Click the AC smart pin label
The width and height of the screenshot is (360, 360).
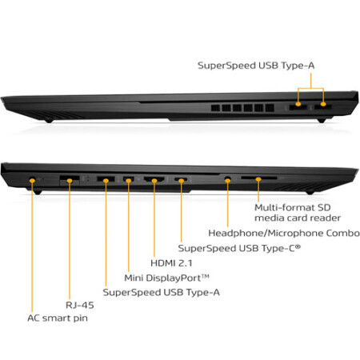pyautogui.click(x=58, y=318)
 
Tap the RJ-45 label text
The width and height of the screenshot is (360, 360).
pyautogui.click(x=80, y=305)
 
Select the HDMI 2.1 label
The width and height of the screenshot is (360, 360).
pyautogui.click(x=171, y=263)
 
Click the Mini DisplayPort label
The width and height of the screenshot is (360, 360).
pyautogui.click(x=166, y=278)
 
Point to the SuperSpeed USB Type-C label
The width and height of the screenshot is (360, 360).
pyautogui.click(x=239, y=248)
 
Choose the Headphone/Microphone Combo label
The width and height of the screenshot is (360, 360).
pyautogui.click(x=284, y=233)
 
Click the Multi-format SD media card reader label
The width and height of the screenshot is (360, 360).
pyautogui.click(x=298, y=213)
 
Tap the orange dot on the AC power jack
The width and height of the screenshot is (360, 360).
pyautogui.click(x=32, y=181)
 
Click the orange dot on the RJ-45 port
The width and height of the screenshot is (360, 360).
pyautogui.click(x=70, y=181)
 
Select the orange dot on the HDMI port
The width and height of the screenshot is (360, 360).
pyautogui.click(x=154, y=181)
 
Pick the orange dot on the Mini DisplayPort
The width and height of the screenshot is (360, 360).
pyautogui.click(x=129, y=181)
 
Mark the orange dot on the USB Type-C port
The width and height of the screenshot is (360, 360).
pyautogui.click(x=182, y=181)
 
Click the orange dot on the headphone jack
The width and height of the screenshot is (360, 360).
pyautogui.click(x=227, y=181)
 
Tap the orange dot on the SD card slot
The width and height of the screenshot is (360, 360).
pyautogui.click(x=258, y=179)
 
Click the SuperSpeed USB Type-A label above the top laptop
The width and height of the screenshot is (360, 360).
pyautogui.click(x=256, y=66)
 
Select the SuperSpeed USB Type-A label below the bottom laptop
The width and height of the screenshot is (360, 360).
pyautogui.click(x=162, y=292)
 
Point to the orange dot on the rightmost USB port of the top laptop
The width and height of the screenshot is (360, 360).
pyautogui.click(x=323, y=104)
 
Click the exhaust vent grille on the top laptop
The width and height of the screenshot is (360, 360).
pyautogui.click(x=242, y=108)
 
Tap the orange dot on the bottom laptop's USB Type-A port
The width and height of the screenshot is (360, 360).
pyautogui.click(x=106, y=181)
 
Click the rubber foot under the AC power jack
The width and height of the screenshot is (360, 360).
pyautogui.click(x=38, y=191)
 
